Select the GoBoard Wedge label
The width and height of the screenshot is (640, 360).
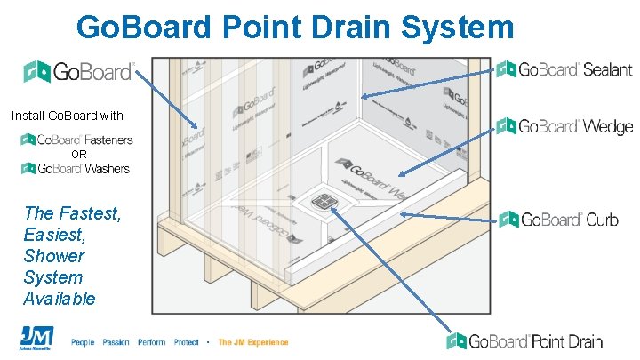(x=564, y=126)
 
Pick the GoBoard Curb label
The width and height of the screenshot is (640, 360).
(x=558, y=220)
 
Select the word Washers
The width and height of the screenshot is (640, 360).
(x=109, y=169)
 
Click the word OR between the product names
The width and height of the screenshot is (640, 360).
(x=79, y=155)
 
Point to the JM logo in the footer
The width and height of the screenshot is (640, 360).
(x=36, y=339)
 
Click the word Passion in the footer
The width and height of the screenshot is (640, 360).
(x=116, y=342)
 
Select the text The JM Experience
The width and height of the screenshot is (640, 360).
(x=253, y=342)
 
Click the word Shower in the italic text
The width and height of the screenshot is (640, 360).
(x=55, y=256)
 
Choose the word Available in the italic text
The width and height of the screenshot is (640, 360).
(x=60, y=299)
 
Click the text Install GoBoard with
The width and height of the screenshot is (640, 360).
(x=68, y=116)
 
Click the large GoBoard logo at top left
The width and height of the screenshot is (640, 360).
(x=79, y=71)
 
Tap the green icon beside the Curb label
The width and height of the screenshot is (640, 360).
(x=508, y=220)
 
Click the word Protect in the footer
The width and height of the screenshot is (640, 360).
(x=187, y=342)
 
